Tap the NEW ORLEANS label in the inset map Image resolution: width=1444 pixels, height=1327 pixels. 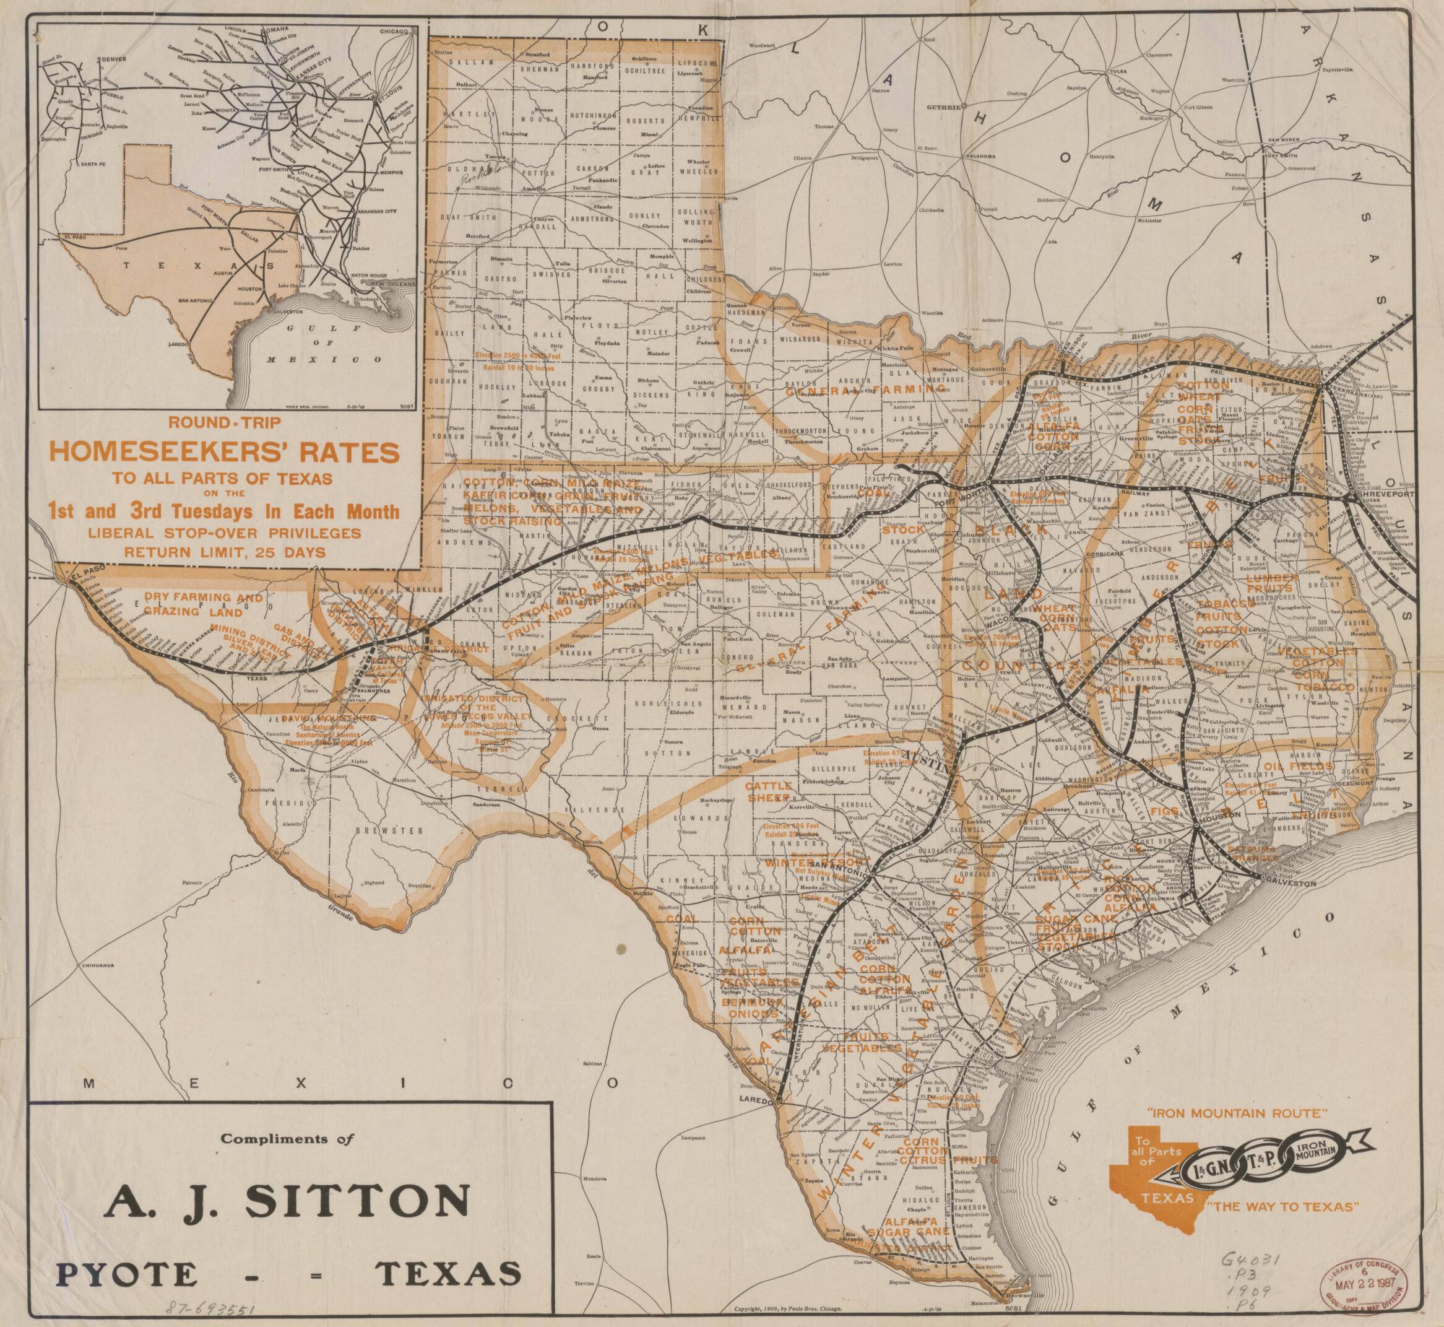click(387, 285)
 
